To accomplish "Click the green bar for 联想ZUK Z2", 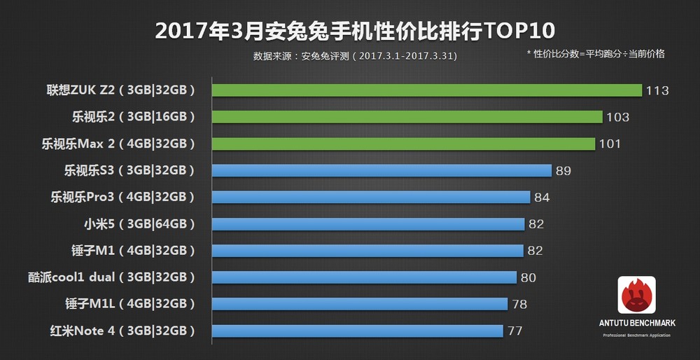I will pyautogui.click(x=427, y=90).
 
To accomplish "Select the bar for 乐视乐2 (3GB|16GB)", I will pyautogui.click(x=407, y=117).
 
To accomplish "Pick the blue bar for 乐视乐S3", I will pyautogui.click(x=381, y=170).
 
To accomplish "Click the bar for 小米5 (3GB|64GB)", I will pyautogui.click(x=368, y=224).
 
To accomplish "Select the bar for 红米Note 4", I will pyautogui.click(x=357, y=331).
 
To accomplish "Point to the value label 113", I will pyautogui.click(x=658, y=90).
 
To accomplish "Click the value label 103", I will pyautogui.click(x=618, y=117).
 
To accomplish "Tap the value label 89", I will pyautogui.click(x=563, y=170).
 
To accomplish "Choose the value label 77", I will pyautogui.click(x=515, y=331).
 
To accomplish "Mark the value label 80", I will pyautogui.click(x=528, y=277).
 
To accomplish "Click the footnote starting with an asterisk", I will pyautogui.click(x=595, y=53).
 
